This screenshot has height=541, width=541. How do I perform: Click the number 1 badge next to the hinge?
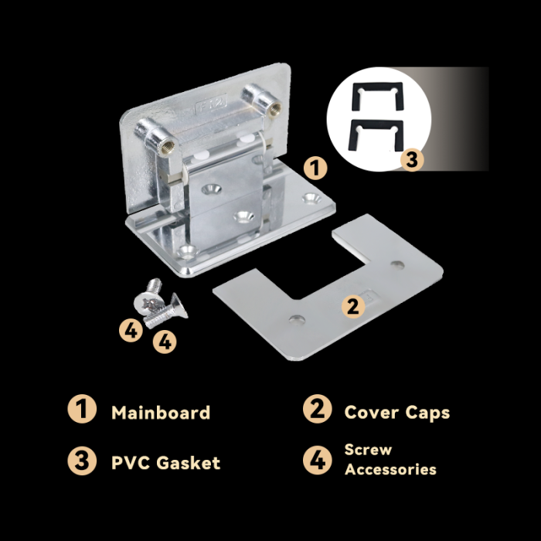(x=315, y=168)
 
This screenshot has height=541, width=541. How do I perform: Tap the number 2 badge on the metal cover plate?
(x=353, y=306)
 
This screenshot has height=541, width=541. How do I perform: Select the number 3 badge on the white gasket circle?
(x=412, y=160)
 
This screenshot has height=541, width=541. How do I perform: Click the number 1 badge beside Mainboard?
(x=82, y=409)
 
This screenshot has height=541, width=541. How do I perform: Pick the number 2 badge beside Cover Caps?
(x=318, y=409)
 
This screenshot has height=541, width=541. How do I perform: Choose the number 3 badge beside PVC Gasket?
(x=82, y=461)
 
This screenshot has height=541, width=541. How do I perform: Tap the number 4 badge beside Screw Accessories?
(x=318, y=461)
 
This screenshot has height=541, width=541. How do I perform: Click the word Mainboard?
(x=161, y=412)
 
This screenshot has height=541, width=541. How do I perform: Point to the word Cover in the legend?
(x=371, y=412)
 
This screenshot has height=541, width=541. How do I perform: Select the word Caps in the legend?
(x=427, y=413)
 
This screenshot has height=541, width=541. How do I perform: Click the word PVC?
(x=131, y=463)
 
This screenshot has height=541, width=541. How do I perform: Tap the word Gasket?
(x=189, y=463)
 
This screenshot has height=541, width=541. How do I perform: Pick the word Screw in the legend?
(x=368, y=450)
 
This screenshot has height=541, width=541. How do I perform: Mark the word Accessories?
(x=390, y=469)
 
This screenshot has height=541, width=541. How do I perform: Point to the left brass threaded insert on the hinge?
(x=168, y=147)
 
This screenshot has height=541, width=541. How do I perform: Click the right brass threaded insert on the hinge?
(x=275, y=110)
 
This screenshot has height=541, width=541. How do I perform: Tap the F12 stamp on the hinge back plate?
(x=211, y=103)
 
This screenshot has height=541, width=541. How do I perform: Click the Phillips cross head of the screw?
(x=149, y=304)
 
